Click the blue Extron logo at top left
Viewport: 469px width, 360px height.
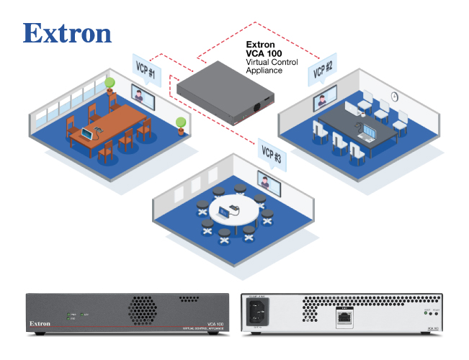pyautogui.click(x=68, y=33)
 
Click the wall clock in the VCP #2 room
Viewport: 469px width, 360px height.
pyautogui.click(x=395, y=95)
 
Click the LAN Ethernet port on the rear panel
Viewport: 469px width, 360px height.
pyautogui.click(x=345, y=316)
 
